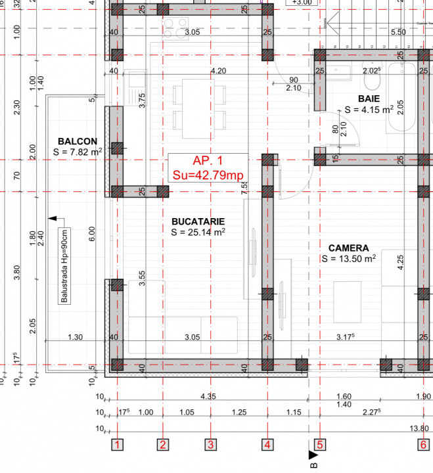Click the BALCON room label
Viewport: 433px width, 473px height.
click(78, 141)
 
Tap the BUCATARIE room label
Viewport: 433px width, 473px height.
click(198, 222)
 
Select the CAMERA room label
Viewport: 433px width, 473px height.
click(348, 248)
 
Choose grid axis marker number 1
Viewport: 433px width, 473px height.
click(117, 445)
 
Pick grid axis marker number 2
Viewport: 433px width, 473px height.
click(162, 445)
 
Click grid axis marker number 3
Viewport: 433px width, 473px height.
click(210, 445)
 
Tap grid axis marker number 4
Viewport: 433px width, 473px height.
click(267, 445)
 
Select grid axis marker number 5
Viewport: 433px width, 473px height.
click(319, 445)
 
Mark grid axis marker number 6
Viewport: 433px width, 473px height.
click(422, 445)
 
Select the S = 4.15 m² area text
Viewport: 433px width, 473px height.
click(369, 109)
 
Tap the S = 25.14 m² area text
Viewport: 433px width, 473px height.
click(198, 233)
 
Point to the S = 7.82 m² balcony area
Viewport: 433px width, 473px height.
click(78, 152)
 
